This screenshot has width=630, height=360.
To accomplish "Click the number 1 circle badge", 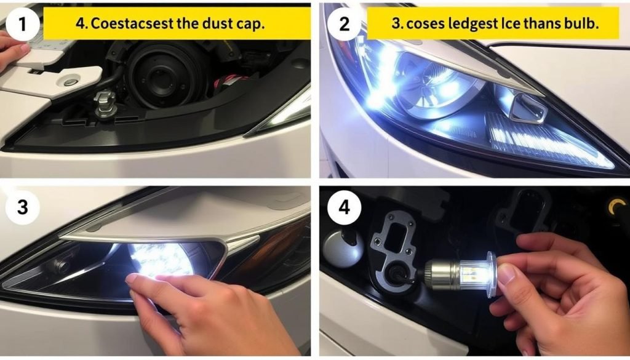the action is coord(22,23).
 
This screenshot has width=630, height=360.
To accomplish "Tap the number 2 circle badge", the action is coord(345,23).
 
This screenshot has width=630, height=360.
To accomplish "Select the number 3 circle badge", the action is coord(22,207).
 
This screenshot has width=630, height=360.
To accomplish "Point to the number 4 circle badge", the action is coord(345,207).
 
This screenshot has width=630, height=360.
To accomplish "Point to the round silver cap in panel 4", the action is coord(343,247).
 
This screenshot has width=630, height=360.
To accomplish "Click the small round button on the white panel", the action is coord(71,82).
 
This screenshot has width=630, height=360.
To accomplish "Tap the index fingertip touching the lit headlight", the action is coord(134,279).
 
